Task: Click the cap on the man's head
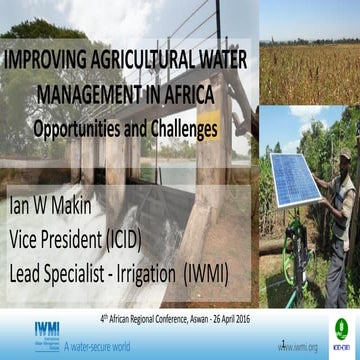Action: pyautogui.click(x=342, y=157)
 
